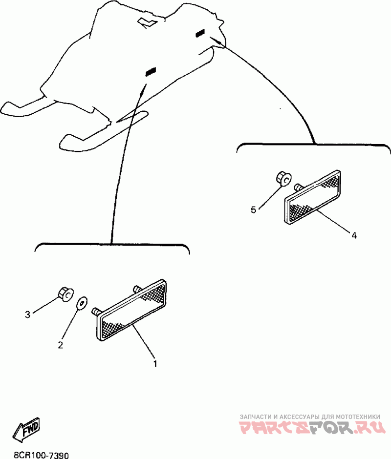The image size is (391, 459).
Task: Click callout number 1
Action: pos(155,364)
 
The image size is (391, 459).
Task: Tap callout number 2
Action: pos(61,345)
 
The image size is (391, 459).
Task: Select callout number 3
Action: pos(27,314)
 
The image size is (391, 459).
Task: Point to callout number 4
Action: pos(354,235)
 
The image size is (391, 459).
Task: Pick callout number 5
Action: pos(254,209)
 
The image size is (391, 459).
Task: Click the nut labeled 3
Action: pos(65,293)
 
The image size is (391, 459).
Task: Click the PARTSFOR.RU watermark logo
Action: pos(312,427)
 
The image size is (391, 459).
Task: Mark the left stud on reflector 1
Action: pos(96,312)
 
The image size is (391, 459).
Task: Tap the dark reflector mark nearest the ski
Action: pos(151,71)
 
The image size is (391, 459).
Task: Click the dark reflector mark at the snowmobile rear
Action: pos(201,33)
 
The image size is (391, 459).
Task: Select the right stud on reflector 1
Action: pos(137,289)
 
